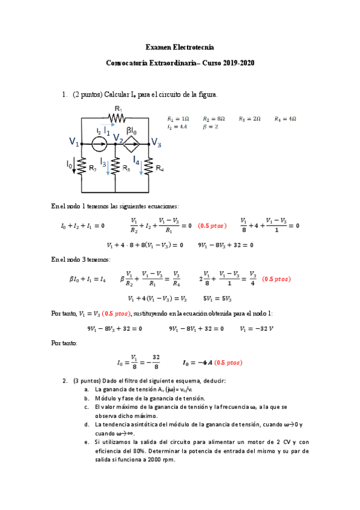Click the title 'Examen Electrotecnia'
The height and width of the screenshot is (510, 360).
(180, 47)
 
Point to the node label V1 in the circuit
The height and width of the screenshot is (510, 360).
(75, 142)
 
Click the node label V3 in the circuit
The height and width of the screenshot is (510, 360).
(156, 143)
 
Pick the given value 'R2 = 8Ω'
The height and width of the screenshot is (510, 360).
(213, 119)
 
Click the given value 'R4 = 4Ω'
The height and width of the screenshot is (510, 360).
(285, 119)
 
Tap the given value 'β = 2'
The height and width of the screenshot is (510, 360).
(210, 127)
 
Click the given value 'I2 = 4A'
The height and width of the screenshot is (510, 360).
(178, 127)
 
